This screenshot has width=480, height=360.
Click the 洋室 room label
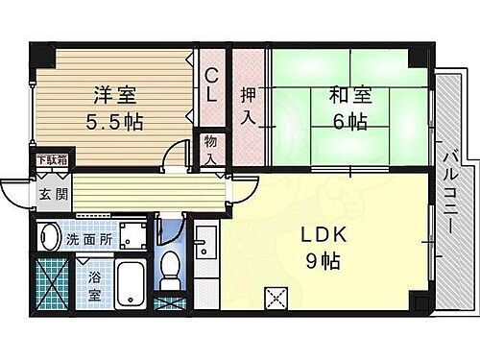click(114, 96)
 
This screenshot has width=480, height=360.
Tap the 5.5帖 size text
click(114, 123)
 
